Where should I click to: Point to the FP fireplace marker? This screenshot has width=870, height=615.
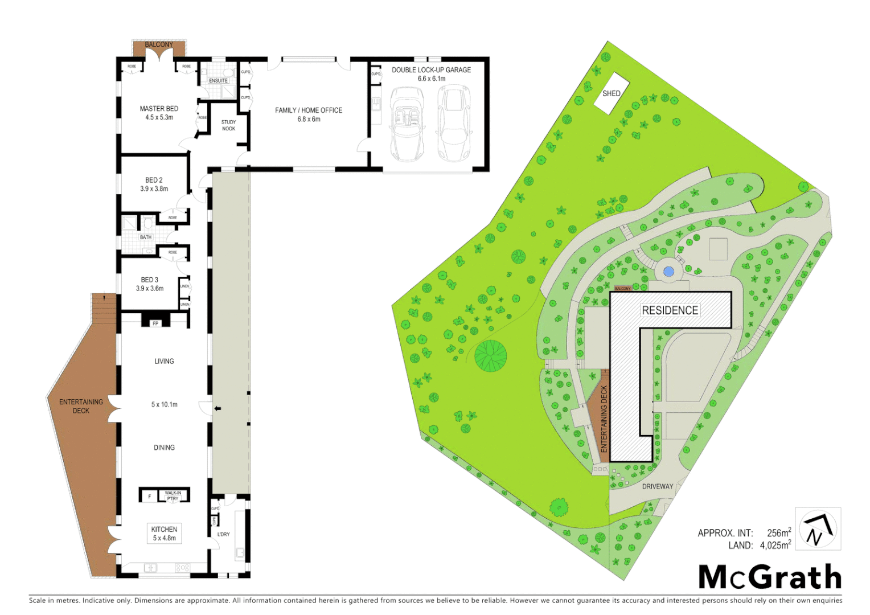tap(155, 323)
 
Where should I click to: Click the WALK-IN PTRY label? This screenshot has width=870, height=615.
tap(173, 495)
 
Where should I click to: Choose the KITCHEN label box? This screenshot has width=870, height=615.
tap(164, 534)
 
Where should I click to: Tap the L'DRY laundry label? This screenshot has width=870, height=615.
tap(224, 534)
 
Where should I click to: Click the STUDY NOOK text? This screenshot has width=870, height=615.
tap(228, 125)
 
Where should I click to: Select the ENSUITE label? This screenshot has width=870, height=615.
tap(218, 81)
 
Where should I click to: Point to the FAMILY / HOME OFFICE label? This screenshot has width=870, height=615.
tap(309, 114)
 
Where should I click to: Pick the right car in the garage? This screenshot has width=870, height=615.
tap(454, 124)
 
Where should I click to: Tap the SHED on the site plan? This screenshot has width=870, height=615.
tap(611, 93)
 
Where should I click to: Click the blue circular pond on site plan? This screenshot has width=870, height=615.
tap(669, 271)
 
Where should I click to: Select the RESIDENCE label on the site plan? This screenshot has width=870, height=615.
tap(670, 310)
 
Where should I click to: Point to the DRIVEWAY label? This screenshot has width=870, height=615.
tap(658, 486)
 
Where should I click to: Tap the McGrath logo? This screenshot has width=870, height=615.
tap(770, 577)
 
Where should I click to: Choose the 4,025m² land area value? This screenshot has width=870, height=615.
tap(775, 545)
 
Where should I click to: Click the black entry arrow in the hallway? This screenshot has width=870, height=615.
tap(217, 408)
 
